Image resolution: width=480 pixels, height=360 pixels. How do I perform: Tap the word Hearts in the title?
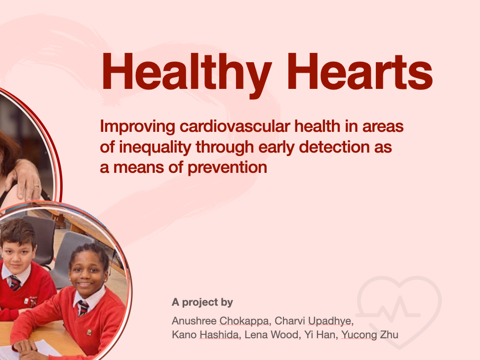(x=360, y=72)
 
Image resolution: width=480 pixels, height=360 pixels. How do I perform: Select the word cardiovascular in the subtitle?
(x=235, y=126)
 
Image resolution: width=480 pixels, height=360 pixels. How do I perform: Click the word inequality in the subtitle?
(x=155, y=148)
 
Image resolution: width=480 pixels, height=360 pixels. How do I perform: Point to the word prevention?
(x=227, y=168)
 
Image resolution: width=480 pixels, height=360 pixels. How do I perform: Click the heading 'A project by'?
(x=202, y=302)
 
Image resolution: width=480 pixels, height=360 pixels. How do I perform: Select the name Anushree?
(x=194, y=321)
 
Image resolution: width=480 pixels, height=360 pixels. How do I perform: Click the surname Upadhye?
(x=330, y=321)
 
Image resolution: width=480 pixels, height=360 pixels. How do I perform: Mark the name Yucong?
(x=359, y=335)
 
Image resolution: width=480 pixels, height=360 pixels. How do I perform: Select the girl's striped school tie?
(x=83, y=308)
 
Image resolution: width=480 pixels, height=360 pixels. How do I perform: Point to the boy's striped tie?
(x=14, y=283)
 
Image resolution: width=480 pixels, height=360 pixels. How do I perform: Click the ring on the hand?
(x=37, y=186)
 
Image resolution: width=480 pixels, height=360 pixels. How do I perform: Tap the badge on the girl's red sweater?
(x=89, y=332)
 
